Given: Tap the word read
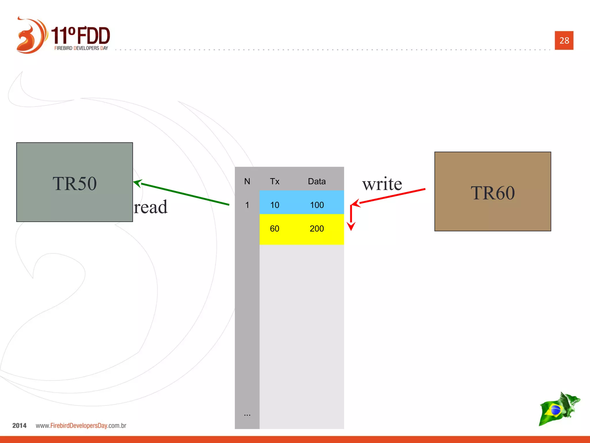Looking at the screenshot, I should point(151,207).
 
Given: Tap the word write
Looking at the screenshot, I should point(382,184).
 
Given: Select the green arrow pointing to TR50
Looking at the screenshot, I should point(184,194).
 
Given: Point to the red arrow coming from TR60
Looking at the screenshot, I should point(392,196).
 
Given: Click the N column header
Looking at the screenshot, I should point(247,181).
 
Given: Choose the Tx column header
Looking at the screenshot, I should point(275,181).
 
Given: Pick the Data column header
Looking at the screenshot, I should point(317,181).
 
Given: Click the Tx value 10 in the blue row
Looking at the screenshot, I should point(275,205).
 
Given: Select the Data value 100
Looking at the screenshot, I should point(317,205).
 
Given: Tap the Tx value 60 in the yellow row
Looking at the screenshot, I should point(275,229).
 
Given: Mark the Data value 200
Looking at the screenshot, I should point(317,229).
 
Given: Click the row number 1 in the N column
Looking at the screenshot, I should point(247,205).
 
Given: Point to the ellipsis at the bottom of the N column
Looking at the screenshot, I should point(247,414).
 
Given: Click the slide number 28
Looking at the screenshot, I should point(564,40).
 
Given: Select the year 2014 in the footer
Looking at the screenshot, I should point(19,425).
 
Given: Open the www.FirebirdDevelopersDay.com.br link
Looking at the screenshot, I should point(81,425).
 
